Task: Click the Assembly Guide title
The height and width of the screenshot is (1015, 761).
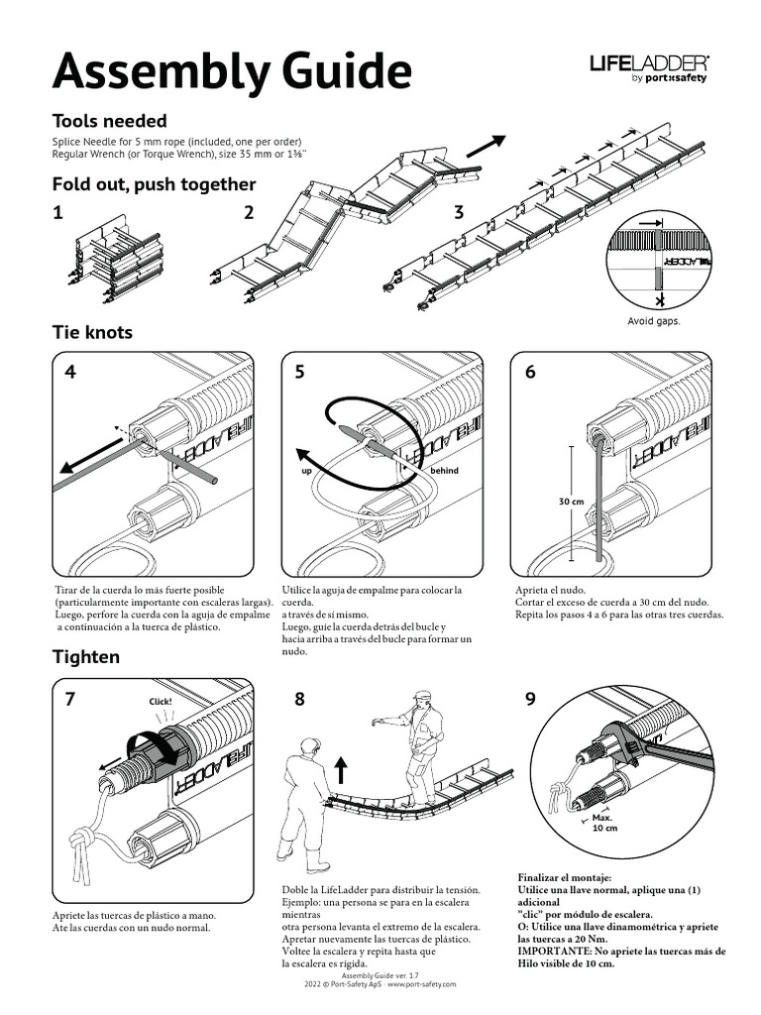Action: pos(231,72)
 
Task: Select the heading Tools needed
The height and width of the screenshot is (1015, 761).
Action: pos(109,121)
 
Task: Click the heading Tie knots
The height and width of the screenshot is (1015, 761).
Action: pos(92,332)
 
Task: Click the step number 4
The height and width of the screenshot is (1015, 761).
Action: pos(69,373)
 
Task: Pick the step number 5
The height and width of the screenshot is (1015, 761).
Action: pos(300,373)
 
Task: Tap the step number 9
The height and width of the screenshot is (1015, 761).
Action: pos(530,699)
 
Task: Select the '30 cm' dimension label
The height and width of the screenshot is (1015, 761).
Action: pos(571,502)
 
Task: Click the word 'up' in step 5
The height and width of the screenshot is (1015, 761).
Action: pos(306,471)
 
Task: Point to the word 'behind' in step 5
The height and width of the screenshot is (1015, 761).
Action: pos(444,470)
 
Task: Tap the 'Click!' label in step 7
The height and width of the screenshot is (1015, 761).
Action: pos(159,703)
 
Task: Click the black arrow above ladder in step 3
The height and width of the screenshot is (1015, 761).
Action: pos(486,146)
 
